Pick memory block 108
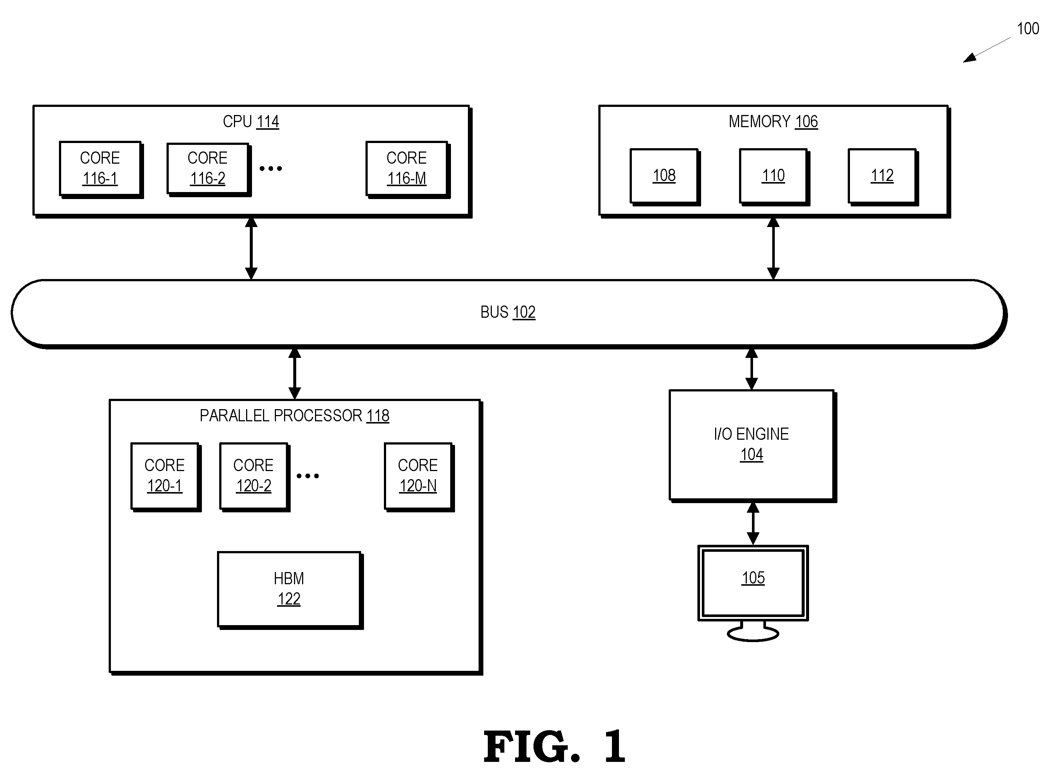(665, 177)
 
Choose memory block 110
(774, 177)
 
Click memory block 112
(883, 177)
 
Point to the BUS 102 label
(508, 312)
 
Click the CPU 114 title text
(251, 122)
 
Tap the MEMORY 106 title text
(773, 122)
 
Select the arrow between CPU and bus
(251, 248)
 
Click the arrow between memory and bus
(773, 248)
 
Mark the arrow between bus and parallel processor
(294, 373)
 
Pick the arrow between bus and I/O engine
(751, 369)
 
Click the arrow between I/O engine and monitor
(753, 523)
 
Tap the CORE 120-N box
(419, 477)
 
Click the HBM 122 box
(290, 590)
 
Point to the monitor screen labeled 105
(753, 583)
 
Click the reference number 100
(1028, 29)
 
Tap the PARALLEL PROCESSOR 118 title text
(294, 416)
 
